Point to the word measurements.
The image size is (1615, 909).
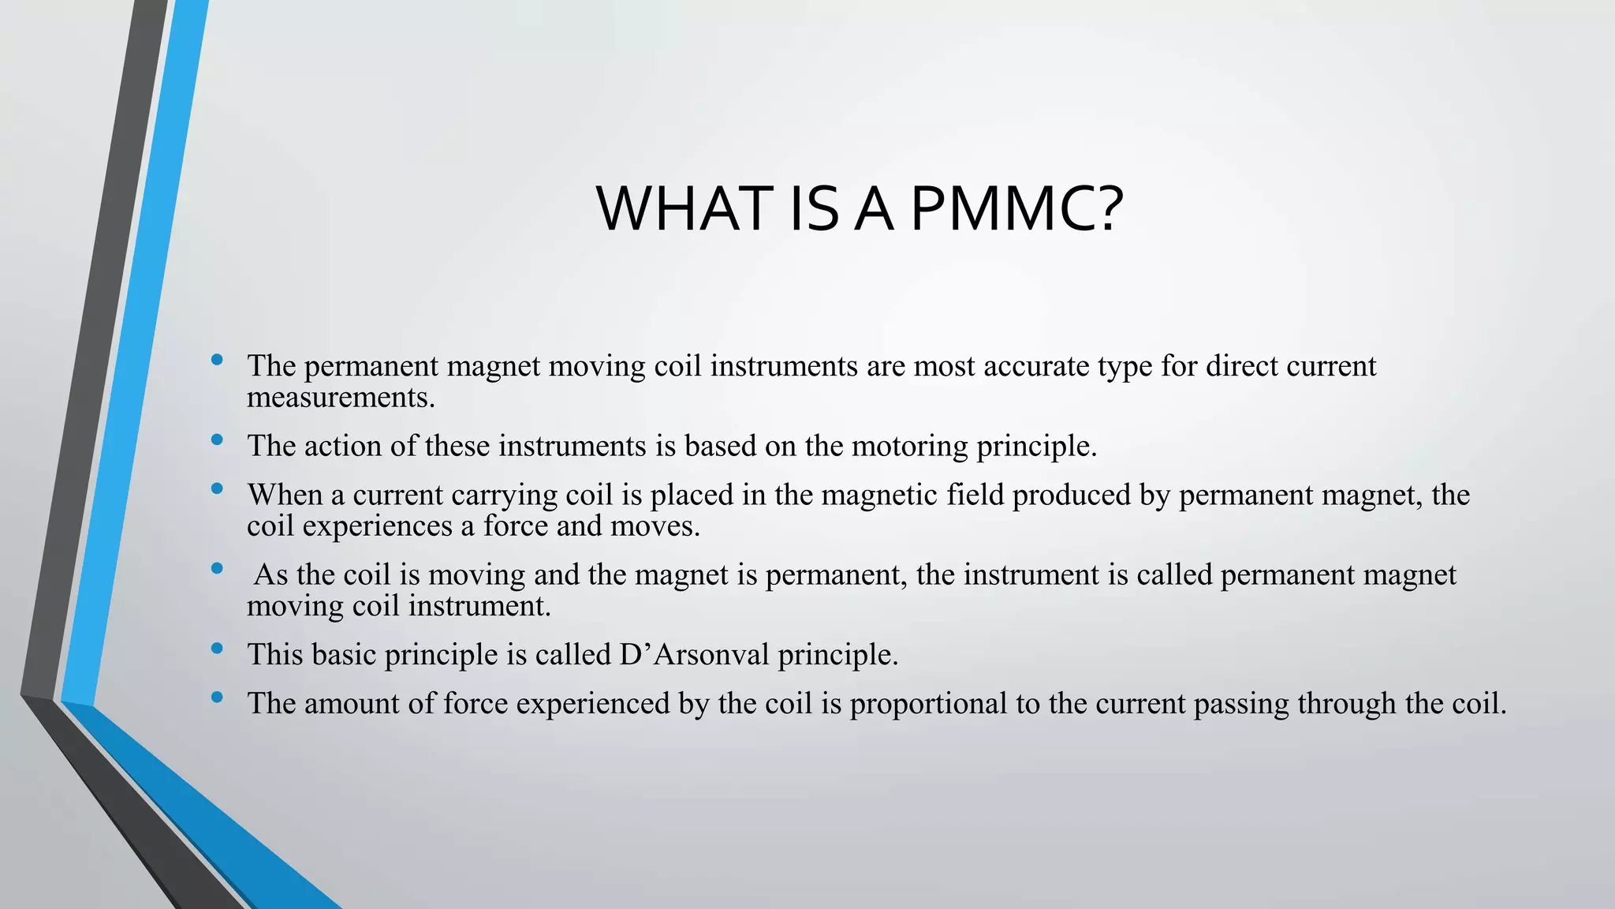click(341, 397)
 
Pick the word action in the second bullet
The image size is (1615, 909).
click(343, 446)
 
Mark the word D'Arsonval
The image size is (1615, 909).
click(694, 654)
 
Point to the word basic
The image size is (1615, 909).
click(343, 654)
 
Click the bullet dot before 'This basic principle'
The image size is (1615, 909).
click(217, 649)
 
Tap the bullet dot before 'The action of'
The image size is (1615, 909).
click(217, 440)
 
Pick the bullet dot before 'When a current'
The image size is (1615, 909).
click(217, 489)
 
